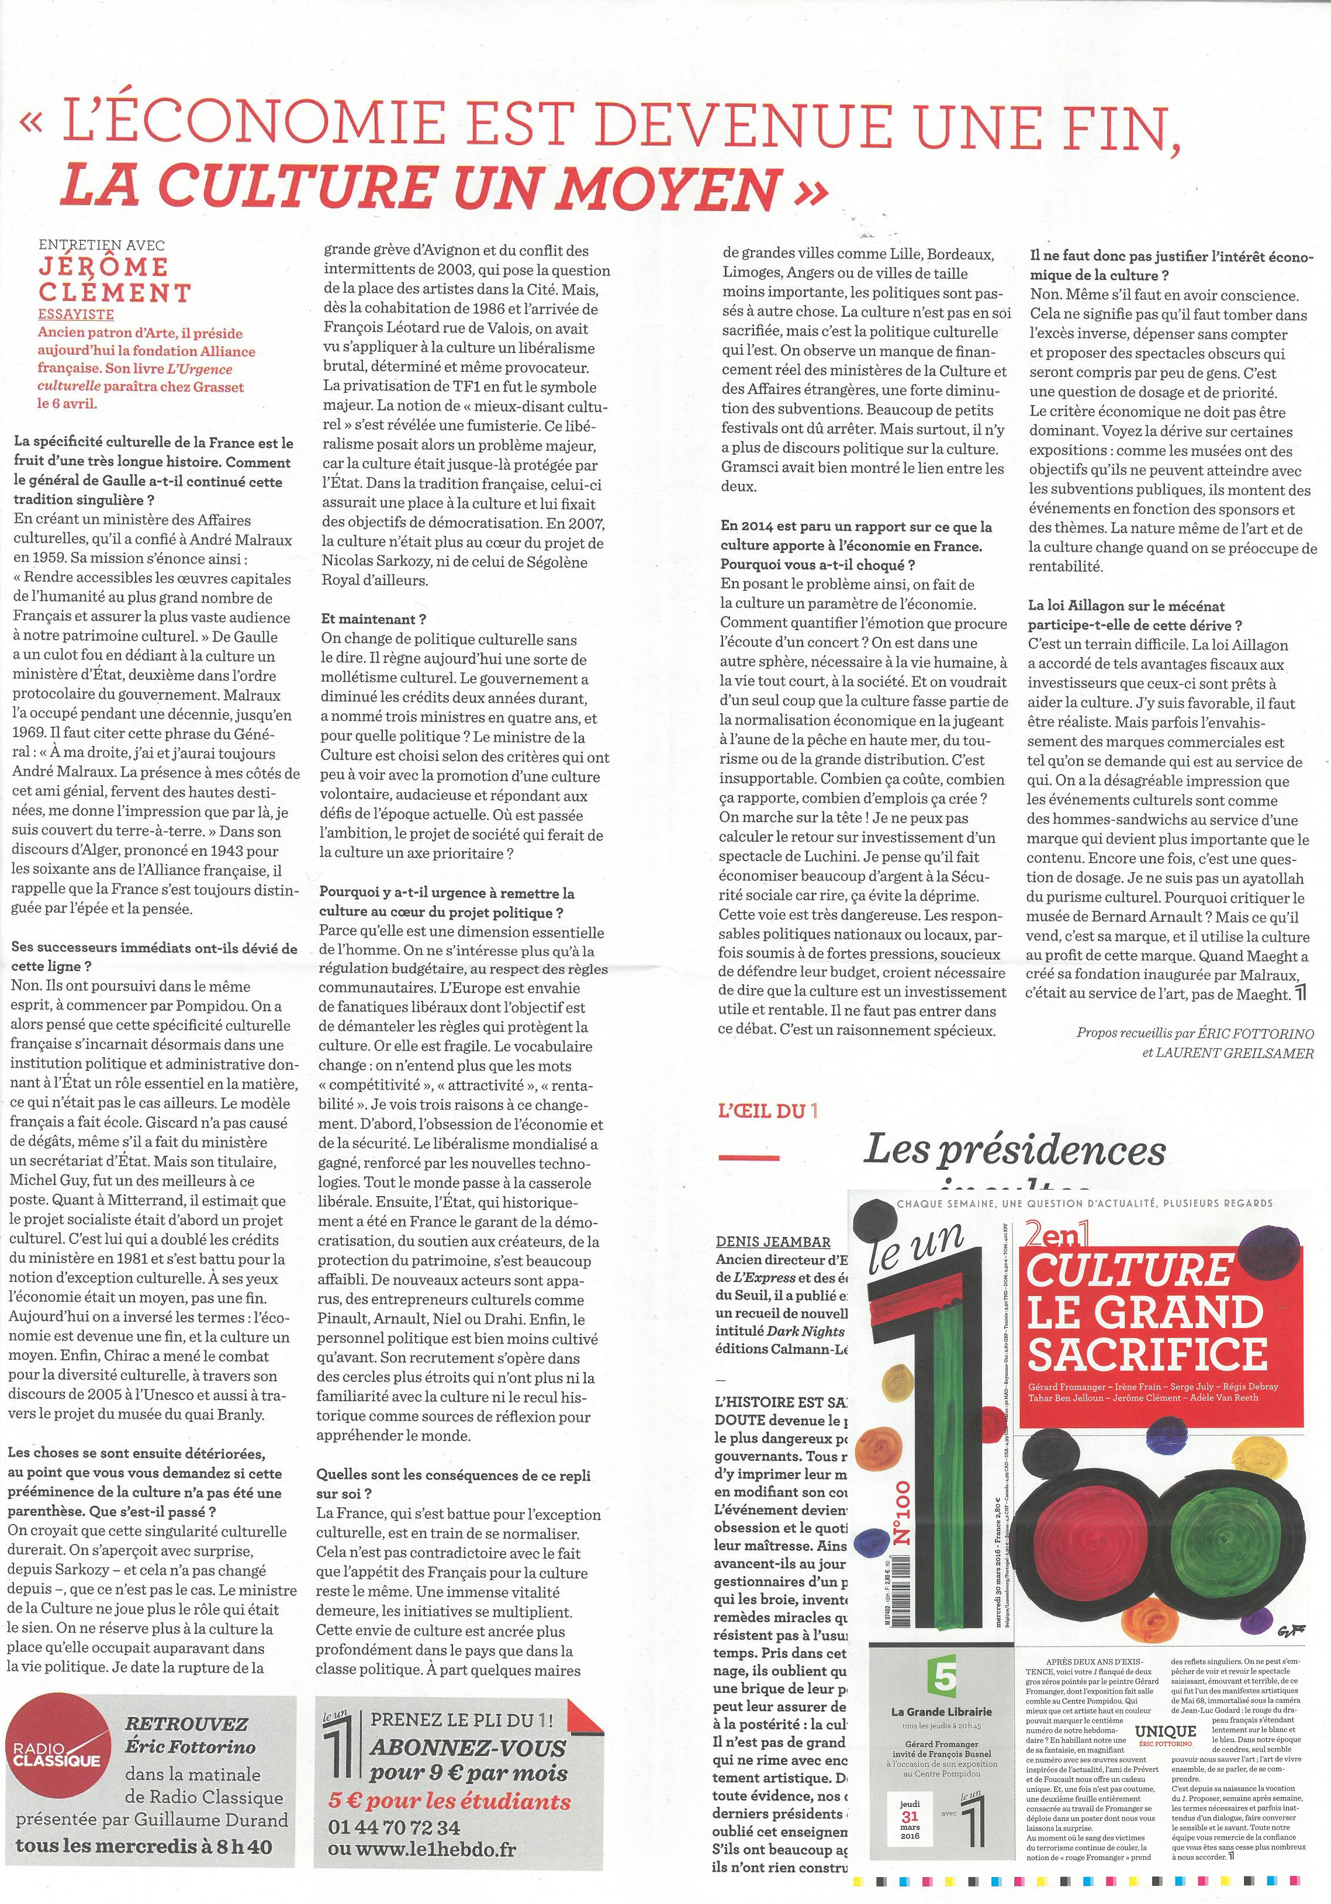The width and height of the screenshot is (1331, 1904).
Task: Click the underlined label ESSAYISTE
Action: (77, 315)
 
